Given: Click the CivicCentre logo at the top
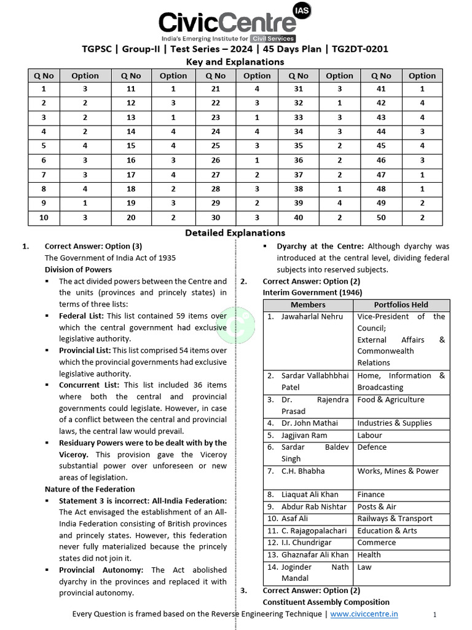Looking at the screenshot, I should point(227,23).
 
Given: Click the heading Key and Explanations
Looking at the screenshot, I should point(235,62).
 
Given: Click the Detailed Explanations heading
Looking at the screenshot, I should point(235,233).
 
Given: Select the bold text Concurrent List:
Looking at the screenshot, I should point(90,385).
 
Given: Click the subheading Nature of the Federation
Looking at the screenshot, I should point(90,489).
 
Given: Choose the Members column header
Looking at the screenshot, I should point(308,305).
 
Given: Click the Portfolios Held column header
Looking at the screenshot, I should point(401,305).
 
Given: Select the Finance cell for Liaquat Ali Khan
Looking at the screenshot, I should point(371,494).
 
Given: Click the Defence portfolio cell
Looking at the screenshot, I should point(372,447).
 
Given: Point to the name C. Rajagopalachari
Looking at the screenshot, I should point(315,530).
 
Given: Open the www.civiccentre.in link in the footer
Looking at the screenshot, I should point(364,613).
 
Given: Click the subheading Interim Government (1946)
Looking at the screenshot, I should point(312,292).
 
